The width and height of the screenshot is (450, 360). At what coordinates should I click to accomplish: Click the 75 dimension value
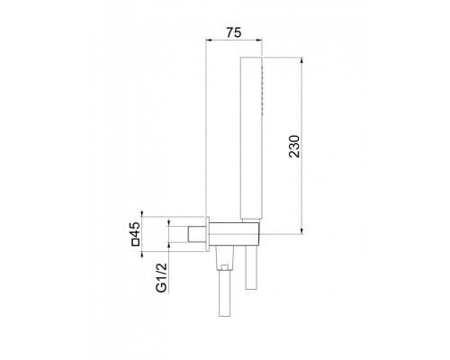coord(232,32)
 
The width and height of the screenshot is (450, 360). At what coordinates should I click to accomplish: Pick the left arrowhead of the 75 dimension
coord(210,41)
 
